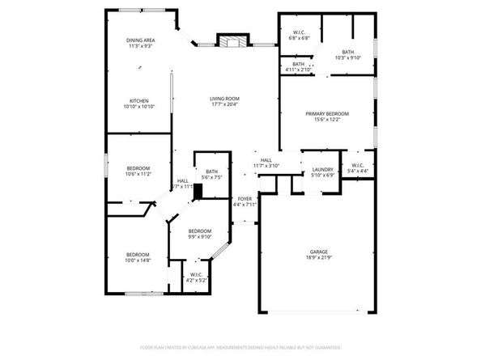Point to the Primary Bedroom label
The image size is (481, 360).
pyautogui.click(x=327, y=113)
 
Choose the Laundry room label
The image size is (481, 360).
pyautogui.click(x=322, y=169)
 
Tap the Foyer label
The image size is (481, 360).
pyautogui.click(x=245, y=198)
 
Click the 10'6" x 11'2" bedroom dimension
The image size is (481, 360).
pyautogui.click(x=138, y=174)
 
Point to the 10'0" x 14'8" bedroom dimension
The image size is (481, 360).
pyautogui.click(x=138, y=260)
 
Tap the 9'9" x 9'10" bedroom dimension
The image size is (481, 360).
pyautogui.click(x=200, y=236)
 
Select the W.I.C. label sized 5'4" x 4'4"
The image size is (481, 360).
pyautogui.click(x=357, y=171)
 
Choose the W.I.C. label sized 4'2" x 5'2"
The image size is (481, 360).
pyautogui.click(x=196, y=279)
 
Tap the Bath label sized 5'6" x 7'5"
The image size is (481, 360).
pyautogui.click(x=211, y=176)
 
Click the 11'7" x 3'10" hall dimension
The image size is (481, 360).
pyautogui.click(x=266, y=165)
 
